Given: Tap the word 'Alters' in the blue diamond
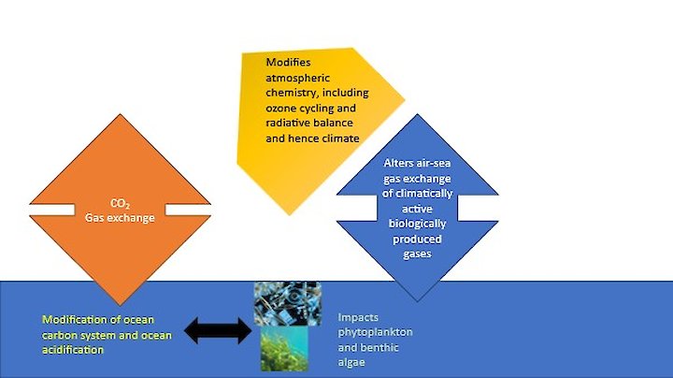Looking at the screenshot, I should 398,163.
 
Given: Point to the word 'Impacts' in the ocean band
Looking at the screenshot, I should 358,317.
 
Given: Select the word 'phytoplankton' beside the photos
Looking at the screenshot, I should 376,332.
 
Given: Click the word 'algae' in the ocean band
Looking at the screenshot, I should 352,362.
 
